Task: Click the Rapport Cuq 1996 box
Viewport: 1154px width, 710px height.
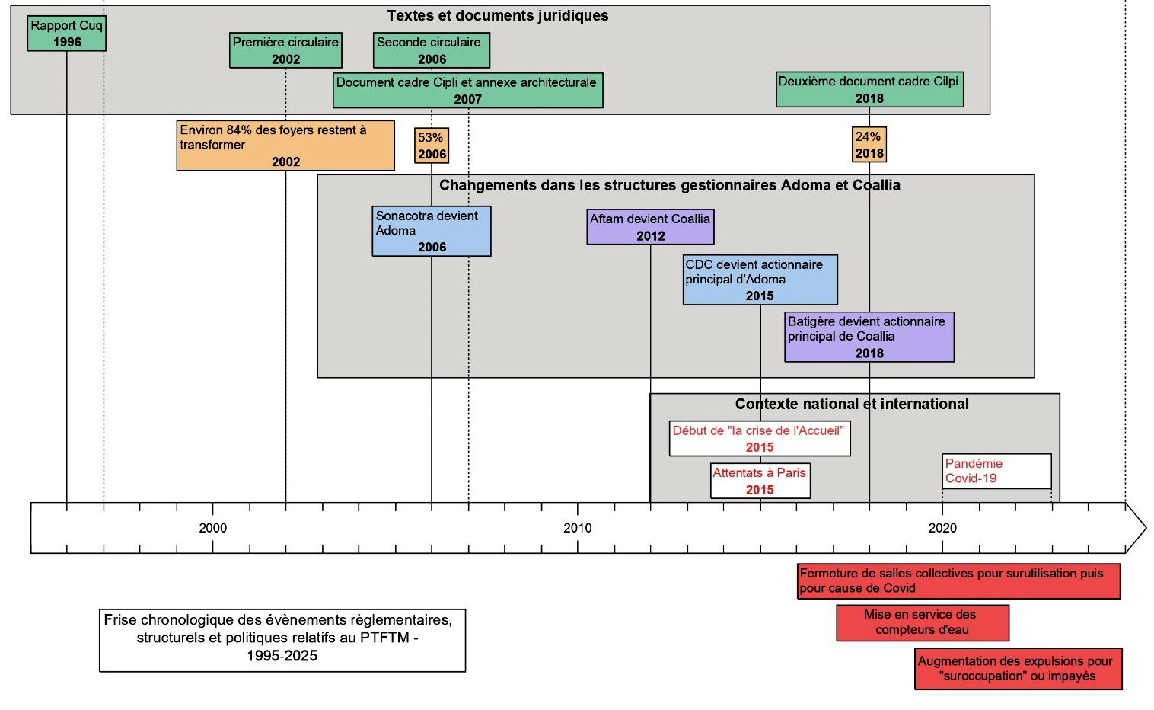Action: click(x=66, y=34)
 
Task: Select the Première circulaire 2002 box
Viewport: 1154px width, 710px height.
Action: click(x=285, y=50)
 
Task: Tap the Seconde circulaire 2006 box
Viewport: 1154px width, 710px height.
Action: click(x=432, y=50)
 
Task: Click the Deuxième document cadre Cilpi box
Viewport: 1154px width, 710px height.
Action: click(x=869, y=89)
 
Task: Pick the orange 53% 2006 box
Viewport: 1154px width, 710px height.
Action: click(x=432, y=146)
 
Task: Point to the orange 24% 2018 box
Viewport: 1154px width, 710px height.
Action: click(x=869, y=145)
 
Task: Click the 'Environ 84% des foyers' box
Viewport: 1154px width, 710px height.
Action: click(x=285, y=145)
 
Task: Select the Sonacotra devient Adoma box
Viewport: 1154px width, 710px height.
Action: click(x=432, y=231)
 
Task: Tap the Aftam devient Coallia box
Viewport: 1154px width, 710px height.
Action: click(x=650, y=227)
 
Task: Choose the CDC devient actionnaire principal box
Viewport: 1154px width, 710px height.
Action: click(x=760, y=280)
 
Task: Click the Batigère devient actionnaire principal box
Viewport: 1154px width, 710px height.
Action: click(x=869, y=337)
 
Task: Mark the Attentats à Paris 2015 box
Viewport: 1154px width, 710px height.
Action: click(x=760, y=481)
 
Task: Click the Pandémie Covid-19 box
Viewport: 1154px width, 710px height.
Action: click(x=996, y=471)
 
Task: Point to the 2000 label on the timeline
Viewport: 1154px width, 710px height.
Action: click(x=212, y=528)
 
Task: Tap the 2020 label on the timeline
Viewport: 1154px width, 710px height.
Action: click(x=942, y=528)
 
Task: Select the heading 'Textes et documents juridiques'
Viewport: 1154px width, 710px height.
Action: click(x=498, y=16)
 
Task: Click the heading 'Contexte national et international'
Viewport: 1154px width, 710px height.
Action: click(x=852, y=405)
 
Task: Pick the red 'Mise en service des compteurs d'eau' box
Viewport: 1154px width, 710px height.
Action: click(x=923, y=622)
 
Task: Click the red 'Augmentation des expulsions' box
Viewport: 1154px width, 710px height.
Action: click(x=1018, y=669)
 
